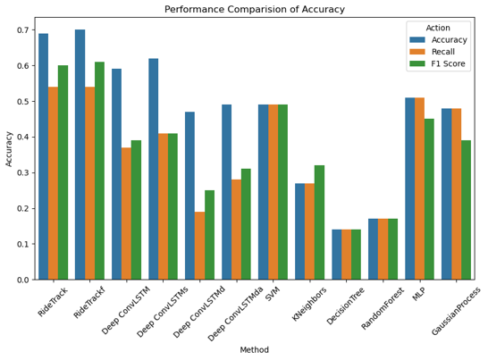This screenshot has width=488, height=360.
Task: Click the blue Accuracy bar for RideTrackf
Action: (80, 155)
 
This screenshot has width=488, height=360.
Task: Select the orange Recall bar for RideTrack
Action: (53, 183)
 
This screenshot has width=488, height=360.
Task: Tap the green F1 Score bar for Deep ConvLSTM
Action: (137, 210)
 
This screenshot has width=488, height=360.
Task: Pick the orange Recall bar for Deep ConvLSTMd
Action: (200, 246)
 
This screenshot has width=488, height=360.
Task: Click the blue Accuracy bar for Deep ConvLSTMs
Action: (154, 169)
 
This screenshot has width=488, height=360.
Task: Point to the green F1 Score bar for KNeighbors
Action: (319, 222)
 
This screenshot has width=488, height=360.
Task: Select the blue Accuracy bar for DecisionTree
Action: (337, 255)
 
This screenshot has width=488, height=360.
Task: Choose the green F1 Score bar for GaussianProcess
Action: (466, 210)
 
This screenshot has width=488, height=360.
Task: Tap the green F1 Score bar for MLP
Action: (429, 199)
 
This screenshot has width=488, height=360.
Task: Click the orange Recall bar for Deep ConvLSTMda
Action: (237, 230)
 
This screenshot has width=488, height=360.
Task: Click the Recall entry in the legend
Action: (443, 52)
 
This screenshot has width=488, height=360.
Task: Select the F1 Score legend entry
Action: (448, 63)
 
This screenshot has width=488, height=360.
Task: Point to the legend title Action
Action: (438, 28)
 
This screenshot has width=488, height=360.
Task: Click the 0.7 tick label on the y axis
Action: (22, 30)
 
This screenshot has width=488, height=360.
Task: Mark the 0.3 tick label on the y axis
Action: (22, 172)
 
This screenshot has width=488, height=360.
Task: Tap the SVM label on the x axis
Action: (273, 294)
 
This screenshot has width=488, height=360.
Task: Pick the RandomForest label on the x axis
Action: (383, 308)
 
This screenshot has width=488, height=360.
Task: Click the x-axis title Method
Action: (254, 350)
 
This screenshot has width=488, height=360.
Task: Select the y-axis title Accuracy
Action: (8, 148)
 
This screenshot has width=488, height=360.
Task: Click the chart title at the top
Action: (255, 9)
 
